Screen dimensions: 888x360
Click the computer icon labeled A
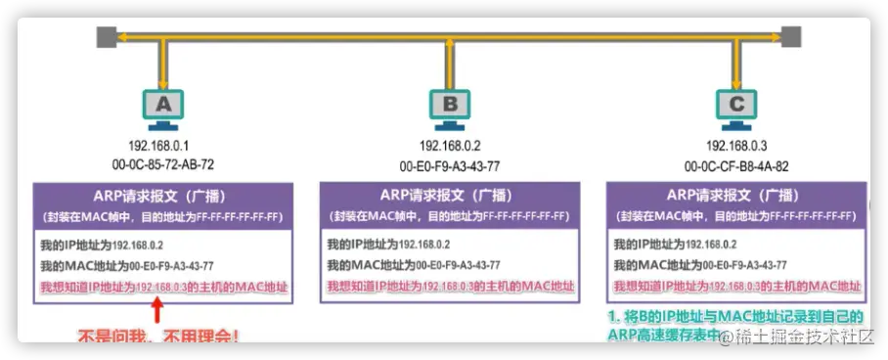[163, 108]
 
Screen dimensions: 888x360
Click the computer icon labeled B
[450, 108]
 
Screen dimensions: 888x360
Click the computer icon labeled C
[736, 108]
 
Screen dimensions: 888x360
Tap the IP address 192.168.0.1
[163, 146]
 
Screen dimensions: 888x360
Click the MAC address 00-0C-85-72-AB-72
[163, 164]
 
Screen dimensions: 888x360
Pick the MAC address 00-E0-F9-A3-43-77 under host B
[450, 165]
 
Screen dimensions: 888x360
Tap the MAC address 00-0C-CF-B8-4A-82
[736, 165]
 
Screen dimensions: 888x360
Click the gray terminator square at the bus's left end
[106, 38]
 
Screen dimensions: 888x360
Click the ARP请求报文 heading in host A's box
[162, 194]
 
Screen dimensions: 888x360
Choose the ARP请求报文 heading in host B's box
[450, 194]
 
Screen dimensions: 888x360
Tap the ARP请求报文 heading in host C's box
[736, 194]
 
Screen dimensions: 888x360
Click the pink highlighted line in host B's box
[450, 287]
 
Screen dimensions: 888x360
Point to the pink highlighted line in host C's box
[736, 287]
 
